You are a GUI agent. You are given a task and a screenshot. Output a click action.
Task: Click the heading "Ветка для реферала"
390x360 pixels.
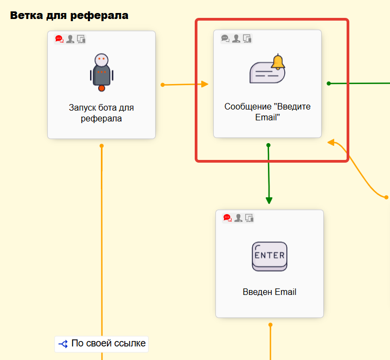click(69, 15)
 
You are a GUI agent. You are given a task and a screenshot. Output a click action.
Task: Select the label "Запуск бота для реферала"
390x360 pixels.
click(101, 113)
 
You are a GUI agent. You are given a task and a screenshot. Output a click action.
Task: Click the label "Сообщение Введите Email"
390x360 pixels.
click(267, 112)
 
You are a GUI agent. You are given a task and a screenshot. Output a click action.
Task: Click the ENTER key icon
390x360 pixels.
click(270, 256)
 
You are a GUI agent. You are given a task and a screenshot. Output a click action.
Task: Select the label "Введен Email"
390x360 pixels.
click(270, 292)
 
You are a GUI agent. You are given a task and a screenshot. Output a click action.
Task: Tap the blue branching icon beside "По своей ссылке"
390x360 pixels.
click(63, 343)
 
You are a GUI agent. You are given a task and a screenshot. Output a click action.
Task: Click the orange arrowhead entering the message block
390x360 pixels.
click(204, 84)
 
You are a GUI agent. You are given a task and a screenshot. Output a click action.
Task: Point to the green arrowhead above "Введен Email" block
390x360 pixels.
click(269, 200)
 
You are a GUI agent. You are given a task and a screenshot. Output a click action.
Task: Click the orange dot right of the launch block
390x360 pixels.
click(162, 85)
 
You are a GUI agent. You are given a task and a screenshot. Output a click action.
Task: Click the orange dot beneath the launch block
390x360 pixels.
click(101, 145)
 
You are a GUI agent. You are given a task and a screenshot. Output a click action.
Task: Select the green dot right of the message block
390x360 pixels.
click(329, 83)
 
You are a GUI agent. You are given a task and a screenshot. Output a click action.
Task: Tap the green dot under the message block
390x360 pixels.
click(268, 145)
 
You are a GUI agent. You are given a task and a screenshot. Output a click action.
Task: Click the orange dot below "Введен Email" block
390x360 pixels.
click(270, 325)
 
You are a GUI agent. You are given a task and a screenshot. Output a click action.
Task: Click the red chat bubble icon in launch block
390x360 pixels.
click(59, 38)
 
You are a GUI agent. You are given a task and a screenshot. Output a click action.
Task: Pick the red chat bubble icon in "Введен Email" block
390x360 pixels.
click(227, 218)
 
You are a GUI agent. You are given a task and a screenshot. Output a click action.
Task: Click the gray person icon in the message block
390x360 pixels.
click(236, 38)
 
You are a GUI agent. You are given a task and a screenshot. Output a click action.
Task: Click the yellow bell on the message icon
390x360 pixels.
click(278, 62)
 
